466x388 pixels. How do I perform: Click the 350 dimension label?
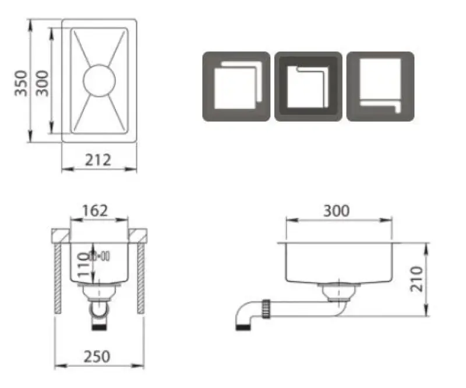20,83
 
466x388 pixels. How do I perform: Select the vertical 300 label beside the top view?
42,82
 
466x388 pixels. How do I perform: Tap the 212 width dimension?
98,159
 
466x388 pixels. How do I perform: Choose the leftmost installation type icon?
236,86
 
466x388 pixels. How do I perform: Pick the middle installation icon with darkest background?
308,86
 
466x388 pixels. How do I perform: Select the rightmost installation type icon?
380,86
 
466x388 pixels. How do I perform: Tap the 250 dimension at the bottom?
98,355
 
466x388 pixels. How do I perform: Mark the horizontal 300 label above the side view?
336,210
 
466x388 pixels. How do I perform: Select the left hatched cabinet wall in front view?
59,278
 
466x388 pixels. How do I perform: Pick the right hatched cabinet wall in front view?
141,278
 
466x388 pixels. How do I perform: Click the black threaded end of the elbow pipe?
241,326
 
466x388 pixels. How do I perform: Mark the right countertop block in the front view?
137,235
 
